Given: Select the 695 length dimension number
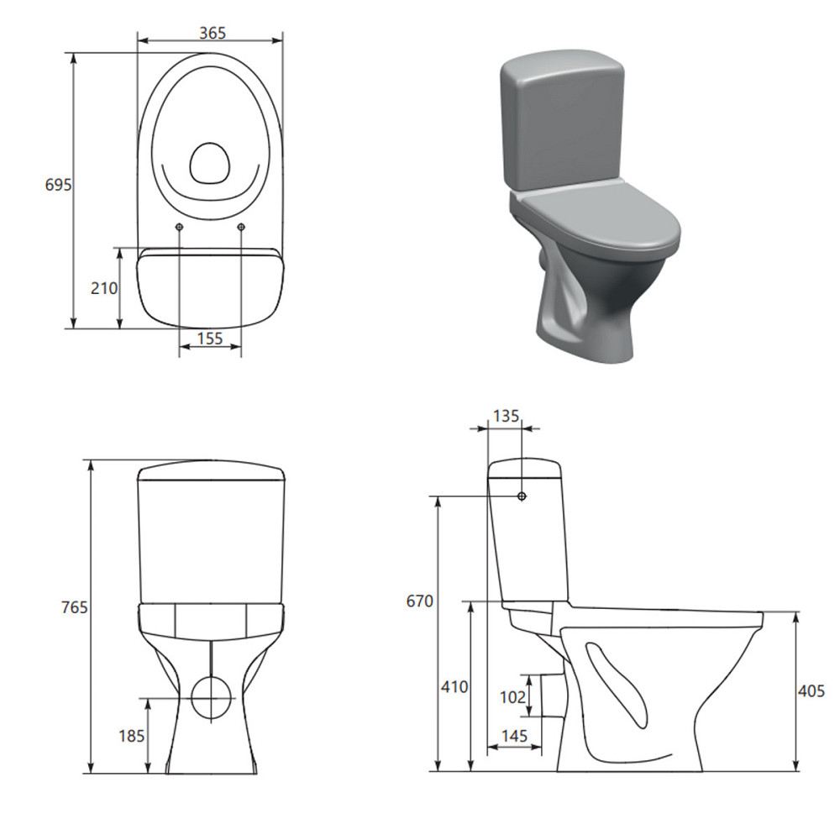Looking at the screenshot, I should click(x=58, y=185).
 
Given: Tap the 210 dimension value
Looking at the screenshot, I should click(x=104, y=288).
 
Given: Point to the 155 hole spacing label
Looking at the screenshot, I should click(x=210, y=339).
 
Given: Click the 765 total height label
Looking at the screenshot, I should click(x=74, y=607).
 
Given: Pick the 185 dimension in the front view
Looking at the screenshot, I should click(x=132, y=736).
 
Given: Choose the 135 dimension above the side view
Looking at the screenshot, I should click(x=505, y=415).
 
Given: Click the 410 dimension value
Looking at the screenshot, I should click(x=454, y=686).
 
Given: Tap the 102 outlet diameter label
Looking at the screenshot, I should click(x=512, y=696).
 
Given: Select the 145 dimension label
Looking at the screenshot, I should click(x=513, y=736).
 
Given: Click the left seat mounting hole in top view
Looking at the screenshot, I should click(x=179, y=227).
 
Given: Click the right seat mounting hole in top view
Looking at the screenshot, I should click(x=241, y=227).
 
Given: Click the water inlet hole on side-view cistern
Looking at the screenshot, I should click(x=522, y=496).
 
